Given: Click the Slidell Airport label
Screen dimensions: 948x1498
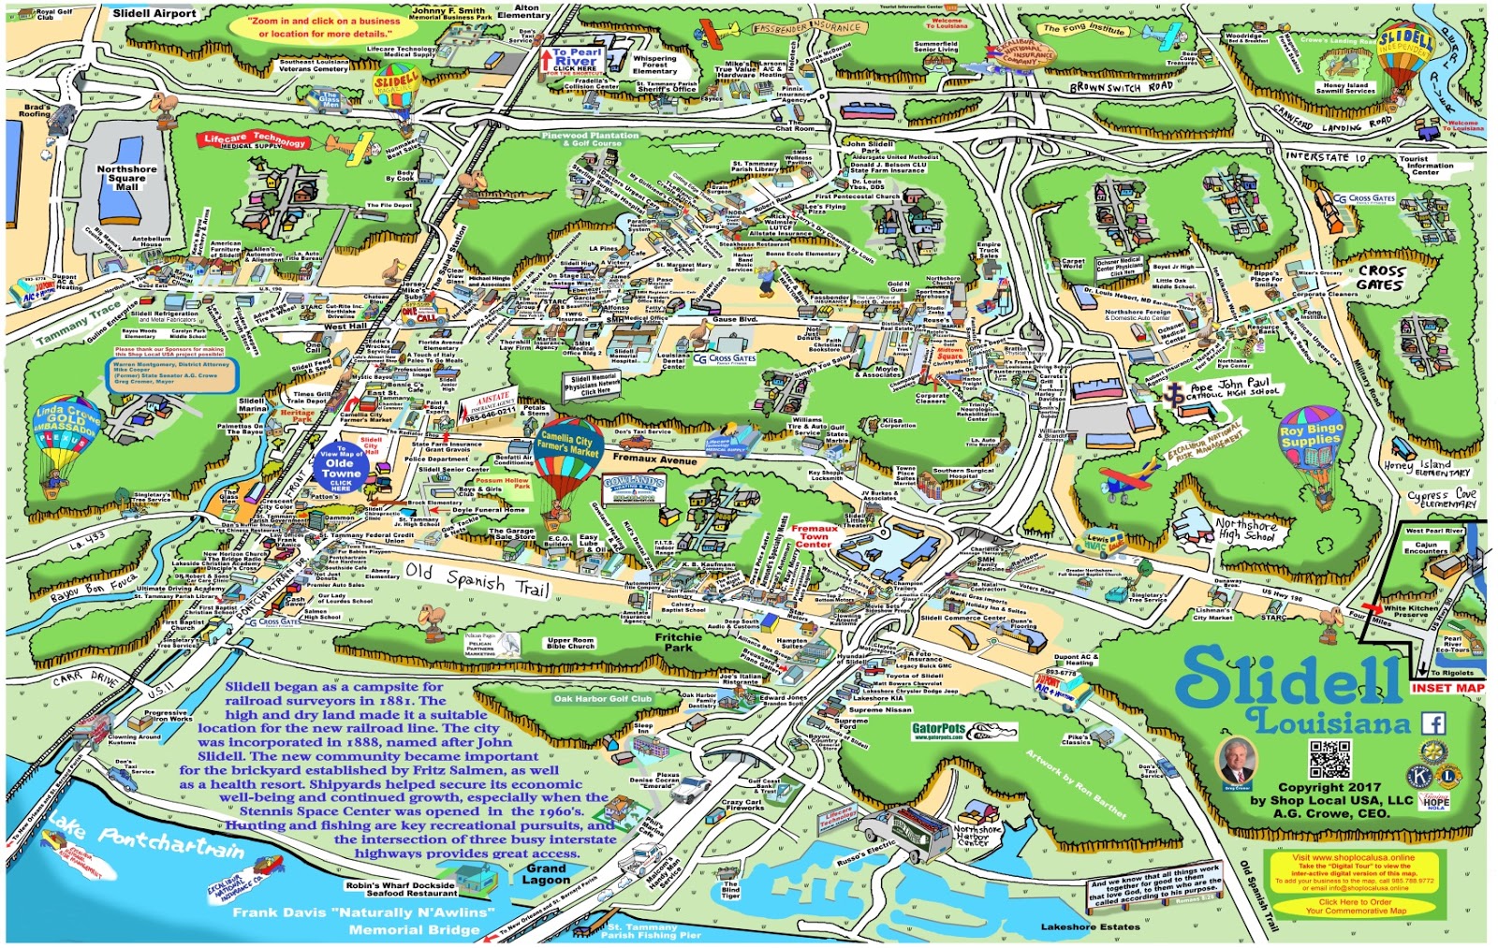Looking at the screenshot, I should (154, 14).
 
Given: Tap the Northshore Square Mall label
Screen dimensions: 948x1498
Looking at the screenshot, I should (126, 178).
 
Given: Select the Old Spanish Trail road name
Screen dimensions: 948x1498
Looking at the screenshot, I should (477, 579).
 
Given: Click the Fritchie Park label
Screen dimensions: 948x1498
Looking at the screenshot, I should (679, 642).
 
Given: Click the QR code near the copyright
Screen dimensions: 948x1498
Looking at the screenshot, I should (1329, 759).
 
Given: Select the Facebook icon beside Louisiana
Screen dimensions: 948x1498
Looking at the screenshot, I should (1433, 723).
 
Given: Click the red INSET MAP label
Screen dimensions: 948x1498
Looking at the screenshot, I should (1447, 688).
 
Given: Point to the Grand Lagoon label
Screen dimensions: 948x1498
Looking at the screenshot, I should (546, 874).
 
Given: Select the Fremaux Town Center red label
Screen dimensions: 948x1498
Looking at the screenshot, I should (814, 536).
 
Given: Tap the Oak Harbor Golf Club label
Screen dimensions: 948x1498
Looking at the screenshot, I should (602, 699).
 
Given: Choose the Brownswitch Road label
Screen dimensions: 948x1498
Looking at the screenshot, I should (1122, 87).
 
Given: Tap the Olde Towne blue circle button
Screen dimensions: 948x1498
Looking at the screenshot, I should (340, 468).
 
